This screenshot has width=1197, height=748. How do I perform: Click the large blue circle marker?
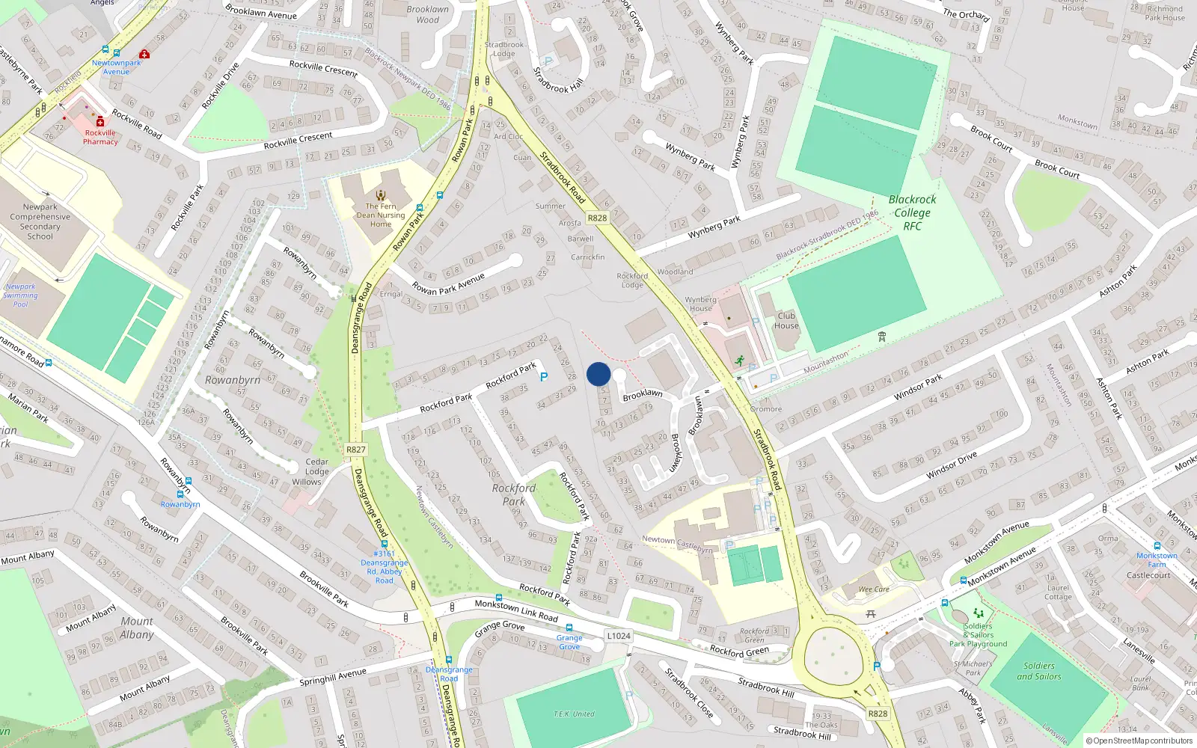pos(598,374)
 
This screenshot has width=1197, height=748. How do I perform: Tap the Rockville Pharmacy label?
pos(100,137)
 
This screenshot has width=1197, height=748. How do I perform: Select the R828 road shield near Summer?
pos(597,218)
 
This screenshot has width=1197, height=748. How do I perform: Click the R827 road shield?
pos(356,450)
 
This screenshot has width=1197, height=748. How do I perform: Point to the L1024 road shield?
pos(619,636)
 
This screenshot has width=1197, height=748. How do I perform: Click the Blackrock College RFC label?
pos(912,212)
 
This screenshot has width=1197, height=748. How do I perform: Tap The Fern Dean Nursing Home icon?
pos(381,195)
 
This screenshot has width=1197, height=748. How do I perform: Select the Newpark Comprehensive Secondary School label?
pos(40,221)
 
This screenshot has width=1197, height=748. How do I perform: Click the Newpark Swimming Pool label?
pos(20,295)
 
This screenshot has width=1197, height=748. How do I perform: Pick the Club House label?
pos(786,320)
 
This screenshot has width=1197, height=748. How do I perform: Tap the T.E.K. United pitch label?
pos(574,714)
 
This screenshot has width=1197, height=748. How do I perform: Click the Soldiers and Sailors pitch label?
pos(1038,671)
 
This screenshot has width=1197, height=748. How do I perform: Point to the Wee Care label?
pos(873,589)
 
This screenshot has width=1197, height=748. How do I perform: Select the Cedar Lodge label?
pos(316,467)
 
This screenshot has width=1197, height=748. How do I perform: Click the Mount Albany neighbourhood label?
pos(137,628)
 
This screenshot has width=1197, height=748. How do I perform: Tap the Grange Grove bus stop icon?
pos(569,628)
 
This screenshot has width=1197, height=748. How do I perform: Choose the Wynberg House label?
pos(700,304)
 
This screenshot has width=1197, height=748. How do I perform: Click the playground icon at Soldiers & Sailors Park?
pos(978,614)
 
